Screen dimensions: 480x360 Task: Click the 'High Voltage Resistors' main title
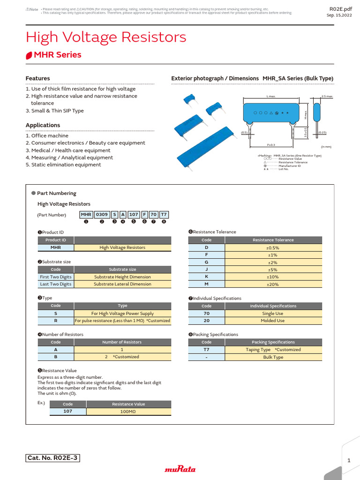(x=106, y=37)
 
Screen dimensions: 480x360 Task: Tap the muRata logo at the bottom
(x=180, y=469)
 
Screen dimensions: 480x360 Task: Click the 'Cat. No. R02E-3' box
(x=53, y=458)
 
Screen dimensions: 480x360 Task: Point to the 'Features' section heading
(x=37, y=78)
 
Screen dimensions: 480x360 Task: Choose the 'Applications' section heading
(x=43, y=125)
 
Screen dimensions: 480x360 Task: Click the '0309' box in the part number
(x=102, y=215)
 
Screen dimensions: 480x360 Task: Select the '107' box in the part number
(x=134, y=215)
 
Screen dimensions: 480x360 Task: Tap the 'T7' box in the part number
(x=164, y=215)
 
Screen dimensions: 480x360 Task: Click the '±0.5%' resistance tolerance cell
(x=273, y=247)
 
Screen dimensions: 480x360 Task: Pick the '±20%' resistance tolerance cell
(x=273, y=285)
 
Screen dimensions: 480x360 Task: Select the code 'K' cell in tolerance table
(x=206, y=277)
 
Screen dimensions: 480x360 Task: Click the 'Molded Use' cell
(x=273, y=321)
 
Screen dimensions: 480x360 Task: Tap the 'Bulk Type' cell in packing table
(x=273, y=357)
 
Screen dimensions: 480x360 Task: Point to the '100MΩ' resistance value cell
(x=128, y=412)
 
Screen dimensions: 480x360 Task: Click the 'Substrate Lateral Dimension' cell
(x=122, y=285)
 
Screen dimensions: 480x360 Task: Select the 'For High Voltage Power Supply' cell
(x=122, y=314)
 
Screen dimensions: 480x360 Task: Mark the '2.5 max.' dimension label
(x=327, y=96)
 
